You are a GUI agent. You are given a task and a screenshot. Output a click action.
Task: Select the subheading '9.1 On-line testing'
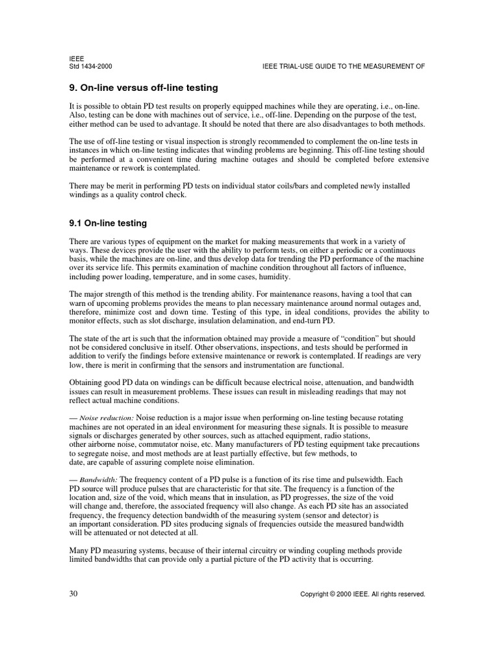(x=108, y=223)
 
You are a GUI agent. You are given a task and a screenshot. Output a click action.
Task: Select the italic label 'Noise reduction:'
(x=107, y=417)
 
